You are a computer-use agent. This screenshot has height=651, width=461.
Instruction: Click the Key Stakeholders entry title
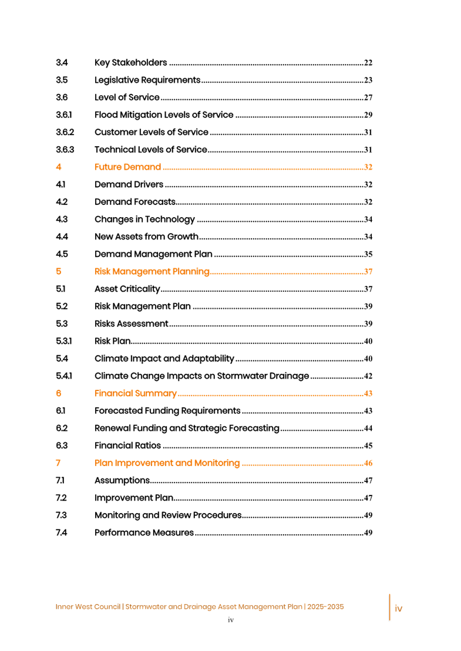(130, 63)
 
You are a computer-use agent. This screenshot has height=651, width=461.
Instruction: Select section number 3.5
(62, 80)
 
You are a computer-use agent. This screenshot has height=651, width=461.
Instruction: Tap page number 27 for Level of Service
(368, 98)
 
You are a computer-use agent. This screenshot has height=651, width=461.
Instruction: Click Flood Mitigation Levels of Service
(163, 115)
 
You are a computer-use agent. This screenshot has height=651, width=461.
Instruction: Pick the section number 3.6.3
(65, 150)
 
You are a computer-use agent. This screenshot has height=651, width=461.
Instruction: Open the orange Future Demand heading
(128, 167)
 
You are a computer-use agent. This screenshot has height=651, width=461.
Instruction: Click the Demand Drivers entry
(129, 185)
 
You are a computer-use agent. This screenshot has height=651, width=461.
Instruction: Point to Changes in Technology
(144, 220)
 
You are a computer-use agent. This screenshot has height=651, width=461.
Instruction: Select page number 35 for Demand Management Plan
(368, 255)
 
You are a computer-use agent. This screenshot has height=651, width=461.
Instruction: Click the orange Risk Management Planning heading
(152, 272)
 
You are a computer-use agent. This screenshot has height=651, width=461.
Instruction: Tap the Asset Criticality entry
(127, 289)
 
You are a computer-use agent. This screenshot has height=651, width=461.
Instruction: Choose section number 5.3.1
(64, 341)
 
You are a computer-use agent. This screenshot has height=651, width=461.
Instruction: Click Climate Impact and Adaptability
(164, 359)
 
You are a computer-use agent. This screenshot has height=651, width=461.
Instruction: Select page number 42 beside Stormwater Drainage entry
(368, 376)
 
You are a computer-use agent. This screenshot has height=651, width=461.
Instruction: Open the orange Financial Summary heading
(135, 393)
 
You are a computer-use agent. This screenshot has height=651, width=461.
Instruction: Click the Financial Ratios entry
(127, 446)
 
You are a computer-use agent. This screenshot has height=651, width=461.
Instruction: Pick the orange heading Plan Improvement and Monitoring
(167, 463)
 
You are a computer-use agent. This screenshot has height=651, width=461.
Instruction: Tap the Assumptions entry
(122, 481)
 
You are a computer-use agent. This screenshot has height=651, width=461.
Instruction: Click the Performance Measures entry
(144, 533)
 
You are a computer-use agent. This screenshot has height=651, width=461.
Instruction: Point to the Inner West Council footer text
(200, 607)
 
